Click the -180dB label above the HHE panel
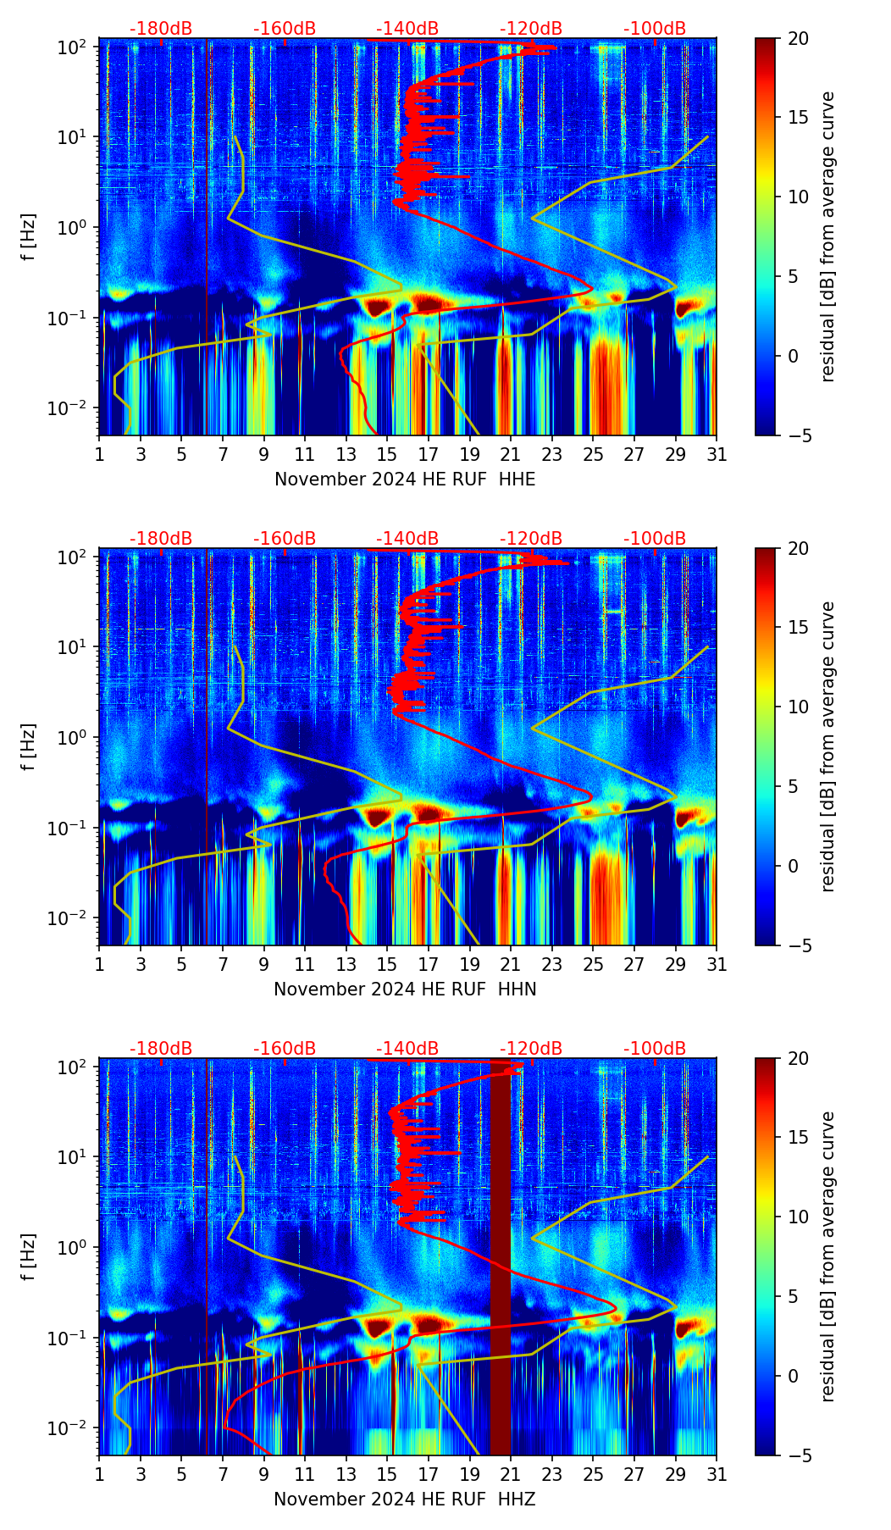point(161,29)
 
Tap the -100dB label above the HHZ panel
point(655,1049)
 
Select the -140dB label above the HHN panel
point(407,539)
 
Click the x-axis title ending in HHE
point(405,480)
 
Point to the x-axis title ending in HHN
point(405,990)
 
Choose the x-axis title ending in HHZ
point(405,1500)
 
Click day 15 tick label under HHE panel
point(387,455)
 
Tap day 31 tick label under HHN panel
point(716,965)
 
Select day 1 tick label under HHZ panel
point(99,1475)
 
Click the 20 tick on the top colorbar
point(798,39)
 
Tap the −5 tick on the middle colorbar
point(798,945)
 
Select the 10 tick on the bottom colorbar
point(798,1217)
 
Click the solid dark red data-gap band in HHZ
point(501,1271)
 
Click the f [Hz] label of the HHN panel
point(29,746)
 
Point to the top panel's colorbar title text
point(827,237)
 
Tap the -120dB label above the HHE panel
point(531,29)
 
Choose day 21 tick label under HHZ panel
point(511,1475)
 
